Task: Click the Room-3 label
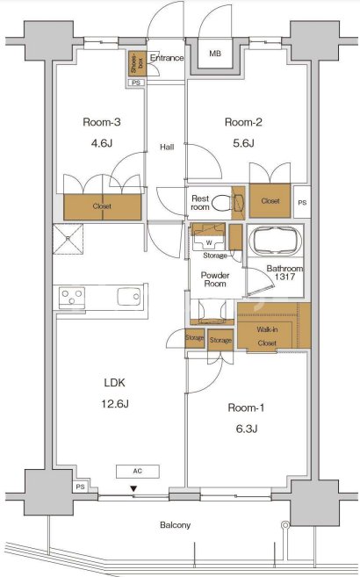(102, 122)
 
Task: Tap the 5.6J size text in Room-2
(243, 143)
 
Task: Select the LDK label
(115, 383)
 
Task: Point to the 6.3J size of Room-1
(247, 429)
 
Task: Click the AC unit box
(138, 472)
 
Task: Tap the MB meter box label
(215, 54)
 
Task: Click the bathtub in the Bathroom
(275, 241)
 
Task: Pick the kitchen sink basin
(129, 297)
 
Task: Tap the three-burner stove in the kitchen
(72, 298)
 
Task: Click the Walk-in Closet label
(267, 336)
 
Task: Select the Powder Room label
(215, 279)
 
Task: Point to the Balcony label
(175, 525)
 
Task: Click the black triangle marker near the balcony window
(133, 488)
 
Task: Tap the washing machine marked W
(208, 242)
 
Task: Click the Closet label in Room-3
(102, 206)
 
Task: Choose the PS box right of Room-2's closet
(302, 202)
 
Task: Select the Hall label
(167, 148)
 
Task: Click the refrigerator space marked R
(68, 239)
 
